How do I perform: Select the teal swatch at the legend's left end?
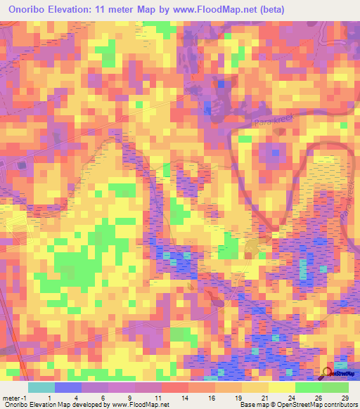coord(41,387)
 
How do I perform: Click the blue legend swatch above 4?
coord(67,387)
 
